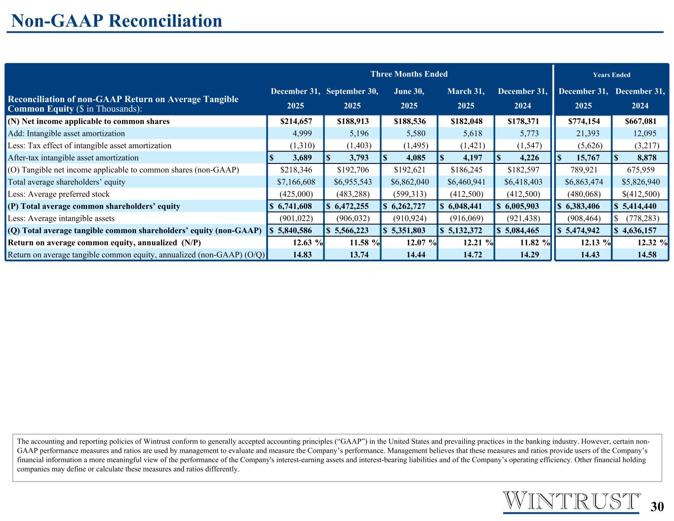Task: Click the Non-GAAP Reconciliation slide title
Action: click(117, 21)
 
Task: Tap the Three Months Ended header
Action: click(409, 74)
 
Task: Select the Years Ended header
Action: click(611, 75)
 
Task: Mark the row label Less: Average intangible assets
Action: click(61, 218)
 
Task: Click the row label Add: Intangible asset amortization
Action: click(66, 133)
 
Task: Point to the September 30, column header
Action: click(352, 91)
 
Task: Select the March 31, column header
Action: click(466, 91)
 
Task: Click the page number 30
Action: click(657, 507)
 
